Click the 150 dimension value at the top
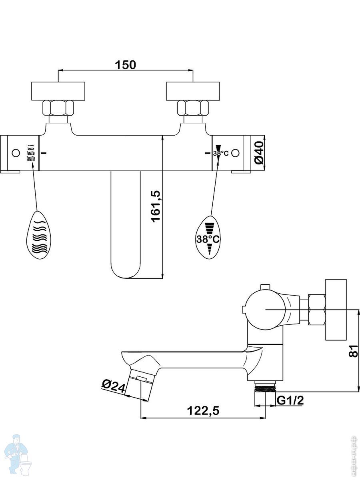pos(125,64)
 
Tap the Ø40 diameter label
pos(260,153)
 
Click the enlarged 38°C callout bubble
pos(208,238)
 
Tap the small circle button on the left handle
pos(16,153)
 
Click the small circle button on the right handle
pos(235,153)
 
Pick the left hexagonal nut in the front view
pos(58,108)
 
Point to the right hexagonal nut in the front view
pos(193,108)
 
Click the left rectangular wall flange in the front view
pos(58,91)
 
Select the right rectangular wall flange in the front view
pos(193,91)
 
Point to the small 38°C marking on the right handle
pos(221,153)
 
